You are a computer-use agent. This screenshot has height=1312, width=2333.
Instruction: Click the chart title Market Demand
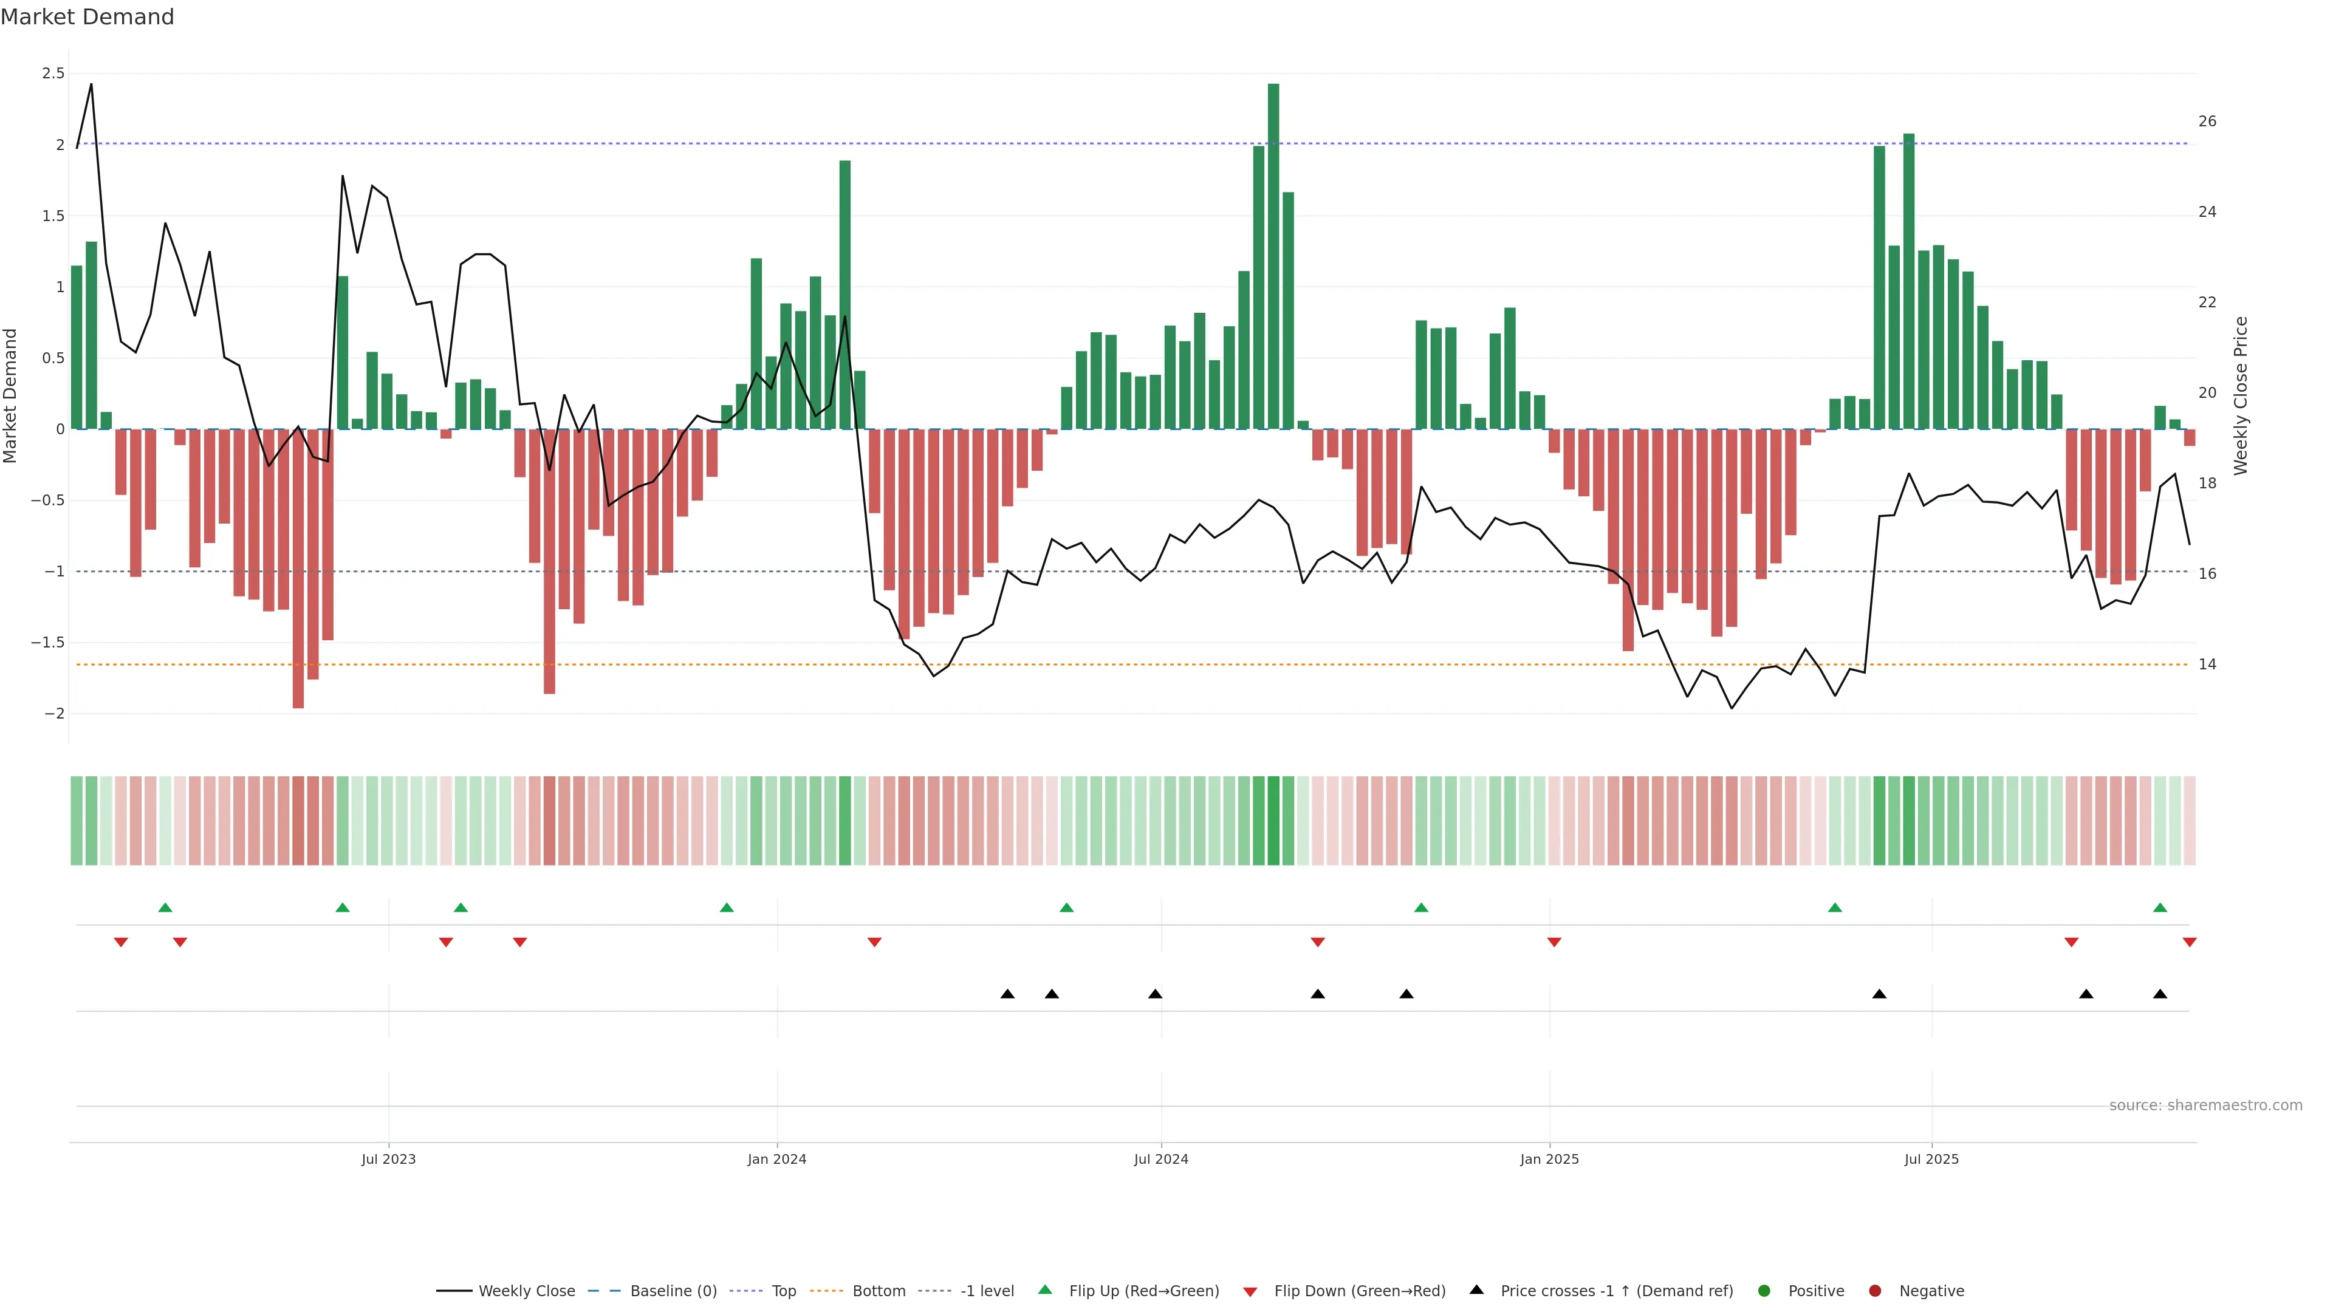click(x=87, y=17)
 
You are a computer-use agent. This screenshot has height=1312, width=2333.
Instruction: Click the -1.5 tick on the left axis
click(x=48, y=643)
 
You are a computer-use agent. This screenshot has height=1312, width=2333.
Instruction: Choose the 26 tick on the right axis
click(x=2207, y=121)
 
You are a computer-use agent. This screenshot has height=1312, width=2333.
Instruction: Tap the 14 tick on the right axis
click(x=2207, y=665)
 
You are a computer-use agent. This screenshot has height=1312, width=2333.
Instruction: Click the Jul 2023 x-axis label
click(x=389, y=1159)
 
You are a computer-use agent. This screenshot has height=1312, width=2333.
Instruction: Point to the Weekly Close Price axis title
click(x=2241, y=395)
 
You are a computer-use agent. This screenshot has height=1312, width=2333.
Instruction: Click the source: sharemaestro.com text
click(x=2205, y=1105)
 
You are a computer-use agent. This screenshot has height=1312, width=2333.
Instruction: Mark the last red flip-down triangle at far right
click(x=2190, y=943)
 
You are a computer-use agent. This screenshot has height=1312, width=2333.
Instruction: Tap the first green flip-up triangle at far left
click(x=165, y=907)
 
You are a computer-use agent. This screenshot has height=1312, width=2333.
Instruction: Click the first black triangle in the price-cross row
click(x=1007, y=994)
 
